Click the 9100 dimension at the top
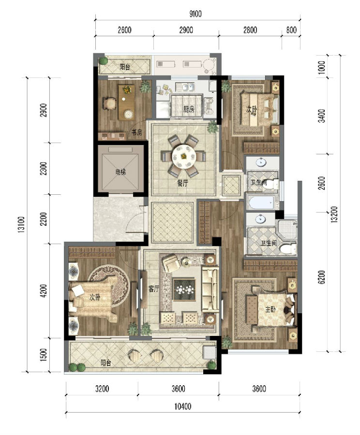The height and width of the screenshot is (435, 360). (195, 14)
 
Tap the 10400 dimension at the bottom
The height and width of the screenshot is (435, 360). (183, 406)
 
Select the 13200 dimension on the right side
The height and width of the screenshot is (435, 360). (335, 214)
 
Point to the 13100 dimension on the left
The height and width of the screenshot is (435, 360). (22, 224)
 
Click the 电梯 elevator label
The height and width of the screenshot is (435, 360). (120, 172)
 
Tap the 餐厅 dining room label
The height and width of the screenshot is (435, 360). (182, 183)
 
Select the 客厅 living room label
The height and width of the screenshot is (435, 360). (153, 289)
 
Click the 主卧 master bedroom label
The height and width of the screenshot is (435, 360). (270, 309)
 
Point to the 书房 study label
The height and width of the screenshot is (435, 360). (136, 132)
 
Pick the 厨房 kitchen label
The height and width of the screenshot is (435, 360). (189, 109)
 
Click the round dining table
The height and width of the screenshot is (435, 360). (183, 156)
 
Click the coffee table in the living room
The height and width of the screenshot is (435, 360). (184, 290)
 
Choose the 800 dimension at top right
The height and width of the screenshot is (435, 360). (291, 29)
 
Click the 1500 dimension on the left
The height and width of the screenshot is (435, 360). (44, 355)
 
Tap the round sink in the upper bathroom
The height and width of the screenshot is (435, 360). (261, 162)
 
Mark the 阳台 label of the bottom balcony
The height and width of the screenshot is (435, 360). (106, 362)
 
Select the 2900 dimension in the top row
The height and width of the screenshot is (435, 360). (186, 29)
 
